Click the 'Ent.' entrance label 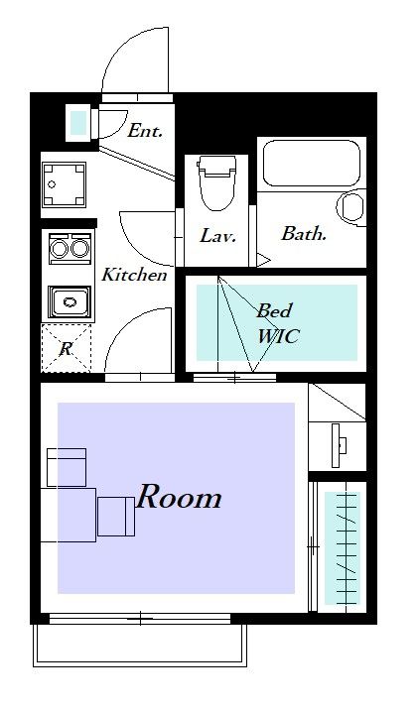pyautogui.click(x=145, y=131)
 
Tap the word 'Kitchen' pyautogui.click(x=134, y=275)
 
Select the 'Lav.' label pyautogui.click(x=218, y=235)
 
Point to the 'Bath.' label pyautogui.click(x=304, y=234)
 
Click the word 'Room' pyautogui.click(x=179, y=497)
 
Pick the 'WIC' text pyautogui.click(x=278, y=336)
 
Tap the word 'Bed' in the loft pyautogui.click(x=274, y=310)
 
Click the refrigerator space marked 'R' pyautogui.click(x=67, y=348)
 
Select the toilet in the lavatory pyautogui.click(x=217, y=182)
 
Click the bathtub pyautogui.click(x=312, y=163)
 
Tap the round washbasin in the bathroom pyautogui.click(x=350, y=207)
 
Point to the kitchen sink pyautogui.click(x=70, y=301)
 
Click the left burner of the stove pyautogui.click(x=59, y=248)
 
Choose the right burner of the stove pyautogui.click(x=79, y=248)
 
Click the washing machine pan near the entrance pyautogui.click(x=64, y=184)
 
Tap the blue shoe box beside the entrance pyautogui.click(x=78, y=122)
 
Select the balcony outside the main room pyautogui.click(x=140, y=646)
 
